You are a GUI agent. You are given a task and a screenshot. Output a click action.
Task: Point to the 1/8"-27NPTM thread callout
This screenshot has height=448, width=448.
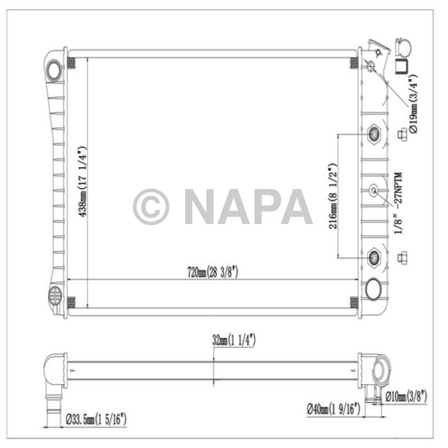(398, 204)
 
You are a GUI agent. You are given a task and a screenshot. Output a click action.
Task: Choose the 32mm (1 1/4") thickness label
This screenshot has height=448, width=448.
(234, 340)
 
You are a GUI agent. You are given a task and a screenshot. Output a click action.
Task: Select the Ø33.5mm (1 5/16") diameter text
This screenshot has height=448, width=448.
(96, 419)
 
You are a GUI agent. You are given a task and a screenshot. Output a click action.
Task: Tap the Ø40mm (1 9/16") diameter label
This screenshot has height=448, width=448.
(334, 408)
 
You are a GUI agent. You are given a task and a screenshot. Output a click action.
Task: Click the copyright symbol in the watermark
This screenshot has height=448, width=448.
(151, 206)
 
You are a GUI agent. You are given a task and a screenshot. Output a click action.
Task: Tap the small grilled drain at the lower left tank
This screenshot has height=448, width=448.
(54, 295)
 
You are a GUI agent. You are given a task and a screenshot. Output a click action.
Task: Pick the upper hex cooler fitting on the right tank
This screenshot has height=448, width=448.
(375, 134)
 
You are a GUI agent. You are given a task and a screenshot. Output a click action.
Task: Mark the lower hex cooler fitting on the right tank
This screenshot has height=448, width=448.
(375, 257)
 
